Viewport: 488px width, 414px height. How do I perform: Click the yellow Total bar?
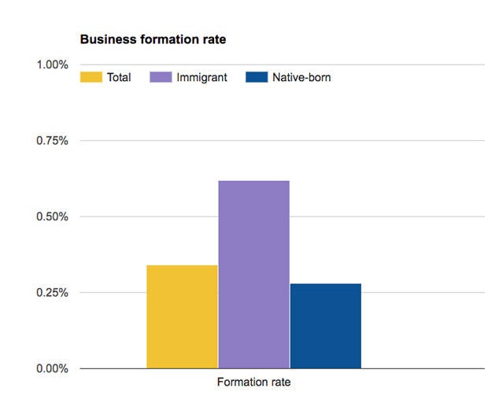(x=182, y=316)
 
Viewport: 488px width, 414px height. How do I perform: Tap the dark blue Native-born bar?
(x=325, y=326)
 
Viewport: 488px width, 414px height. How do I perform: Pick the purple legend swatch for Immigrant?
(x=161, y=77)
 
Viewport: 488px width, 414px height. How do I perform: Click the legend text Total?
(x=119, y=78)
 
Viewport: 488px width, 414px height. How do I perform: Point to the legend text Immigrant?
(x=201, y=78)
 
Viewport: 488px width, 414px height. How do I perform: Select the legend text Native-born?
(x=301, y=78)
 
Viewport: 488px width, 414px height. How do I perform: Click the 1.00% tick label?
(x=53, y=65)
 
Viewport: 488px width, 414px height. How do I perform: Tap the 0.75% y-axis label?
(x=53, y=141)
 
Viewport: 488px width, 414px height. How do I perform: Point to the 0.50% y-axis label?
(x=53, y=216)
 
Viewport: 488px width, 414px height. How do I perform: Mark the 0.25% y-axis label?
(x=53, y=293)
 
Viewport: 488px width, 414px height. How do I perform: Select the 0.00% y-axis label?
(x=53, y=368)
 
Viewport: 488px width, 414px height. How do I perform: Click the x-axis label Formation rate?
(x=253, y=383)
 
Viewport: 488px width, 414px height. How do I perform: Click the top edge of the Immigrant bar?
(x=253, y=181)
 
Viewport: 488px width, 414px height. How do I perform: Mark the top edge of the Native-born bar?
(x=325, y=284)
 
